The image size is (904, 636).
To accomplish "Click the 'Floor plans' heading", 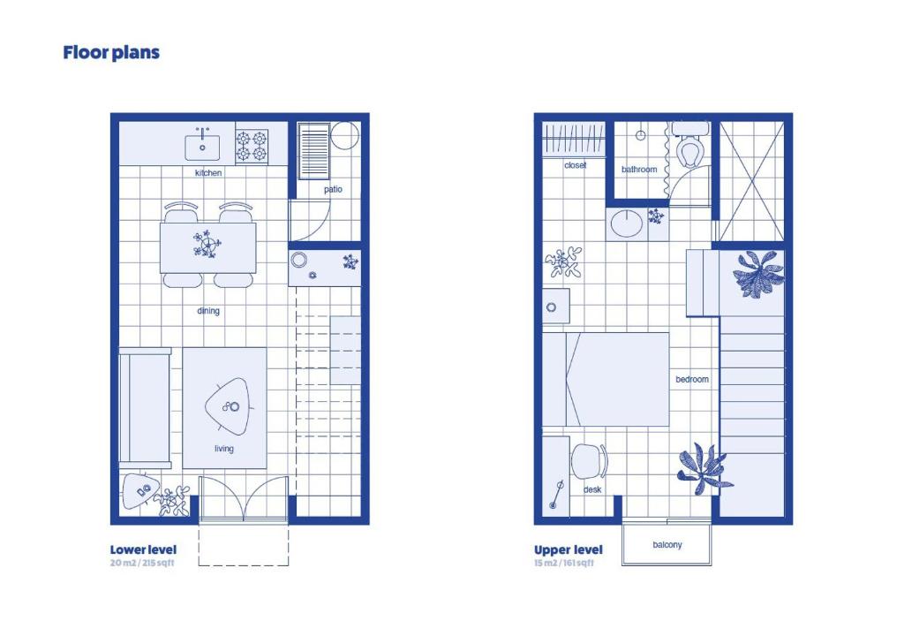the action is pos(111,52).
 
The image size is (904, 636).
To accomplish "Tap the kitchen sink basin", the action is pos(202,148).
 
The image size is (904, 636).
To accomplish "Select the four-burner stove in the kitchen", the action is pos(252,146).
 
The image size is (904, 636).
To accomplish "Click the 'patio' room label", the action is pos(333,189).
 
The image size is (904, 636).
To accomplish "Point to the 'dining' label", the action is pos(208,311).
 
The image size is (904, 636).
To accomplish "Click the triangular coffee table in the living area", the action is pos(228,406).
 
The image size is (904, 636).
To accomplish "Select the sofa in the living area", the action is pos(145,407).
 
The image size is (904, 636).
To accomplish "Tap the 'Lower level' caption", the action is pos(143,549).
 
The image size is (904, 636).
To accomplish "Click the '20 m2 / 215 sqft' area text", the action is pos(142,563).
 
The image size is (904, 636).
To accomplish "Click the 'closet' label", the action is pos(575,165).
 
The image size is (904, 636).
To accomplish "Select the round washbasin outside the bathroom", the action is pos(627,223).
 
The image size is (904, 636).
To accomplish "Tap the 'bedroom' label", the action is pos(692,379).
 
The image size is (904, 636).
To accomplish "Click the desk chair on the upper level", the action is pos(589,461).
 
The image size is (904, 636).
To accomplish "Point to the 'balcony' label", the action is pos(667,544).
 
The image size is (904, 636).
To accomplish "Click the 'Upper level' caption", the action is pos(568,549).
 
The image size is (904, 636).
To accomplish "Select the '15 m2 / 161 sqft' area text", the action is pos(563,563).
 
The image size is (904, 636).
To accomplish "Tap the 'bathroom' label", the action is pos(639,169).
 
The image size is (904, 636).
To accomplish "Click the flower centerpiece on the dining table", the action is pos(207,244).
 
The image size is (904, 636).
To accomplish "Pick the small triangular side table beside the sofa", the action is pos(140,490).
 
